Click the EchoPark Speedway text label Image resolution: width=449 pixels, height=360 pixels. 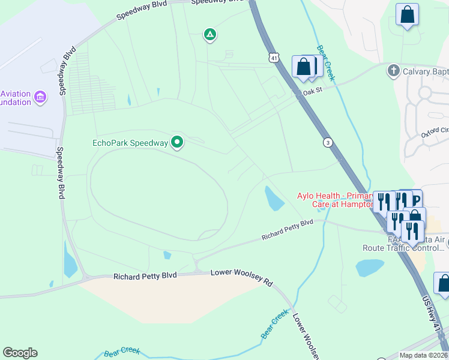[129, 143]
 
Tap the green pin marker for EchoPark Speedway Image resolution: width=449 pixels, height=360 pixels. [177, 142]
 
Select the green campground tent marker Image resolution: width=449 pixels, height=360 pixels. [209, 35]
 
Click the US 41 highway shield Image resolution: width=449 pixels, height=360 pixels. [274, 58]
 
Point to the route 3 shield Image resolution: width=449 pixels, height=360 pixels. [328, 142]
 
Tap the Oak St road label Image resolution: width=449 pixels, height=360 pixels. [313, 92]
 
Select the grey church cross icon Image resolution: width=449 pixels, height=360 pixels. [393, 71]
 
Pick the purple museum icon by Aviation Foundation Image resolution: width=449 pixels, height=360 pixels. [40, 97]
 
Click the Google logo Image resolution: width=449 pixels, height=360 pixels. [20, 353]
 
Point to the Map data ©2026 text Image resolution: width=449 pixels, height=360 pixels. [423, 355]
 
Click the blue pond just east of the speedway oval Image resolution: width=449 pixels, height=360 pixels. [273, 199]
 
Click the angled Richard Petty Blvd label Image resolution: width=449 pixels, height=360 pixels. [288, 230]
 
